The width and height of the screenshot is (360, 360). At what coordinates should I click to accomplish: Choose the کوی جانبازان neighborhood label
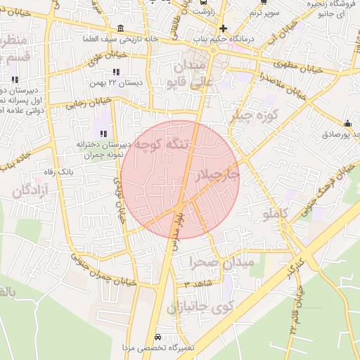click(200, 307)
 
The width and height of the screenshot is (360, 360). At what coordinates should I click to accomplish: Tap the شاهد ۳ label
click(196, 285)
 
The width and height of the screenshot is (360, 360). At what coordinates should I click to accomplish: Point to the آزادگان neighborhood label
click(30, 191)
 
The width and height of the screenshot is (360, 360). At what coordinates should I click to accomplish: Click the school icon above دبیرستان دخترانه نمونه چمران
click(103, 133)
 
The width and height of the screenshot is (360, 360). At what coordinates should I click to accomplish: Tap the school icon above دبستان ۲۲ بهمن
click(115, 72)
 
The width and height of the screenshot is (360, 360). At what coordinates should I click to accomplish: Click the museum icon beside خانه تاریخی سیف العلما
click(121, 28)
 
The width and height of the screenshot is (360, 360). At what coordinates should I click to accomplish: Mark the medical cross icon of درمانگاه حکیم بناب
click(223, 28)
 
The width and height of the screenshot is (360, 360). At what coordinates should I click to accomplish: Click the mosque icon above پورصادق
click(347, 124)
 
